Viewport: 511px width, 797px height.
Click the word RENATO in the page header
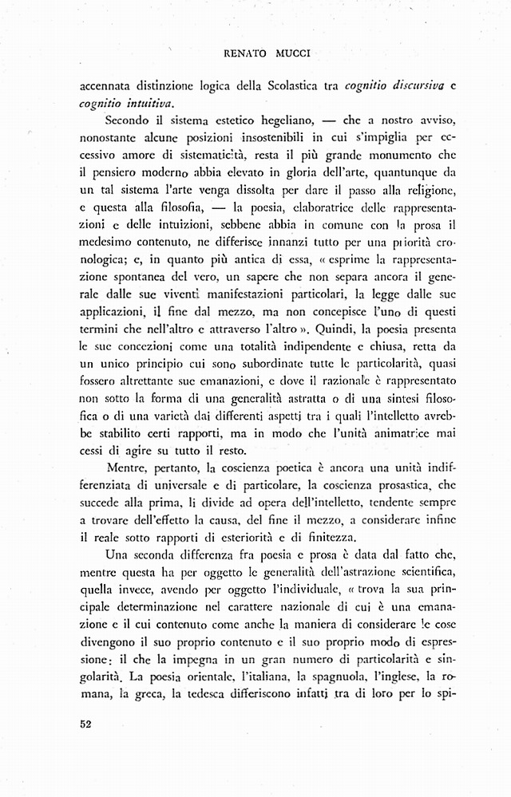click(244, 54)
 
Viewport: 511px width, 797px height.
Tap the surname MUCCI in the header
click(293, 54)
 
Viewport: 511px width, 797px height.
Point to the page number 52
click(87, 724)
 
